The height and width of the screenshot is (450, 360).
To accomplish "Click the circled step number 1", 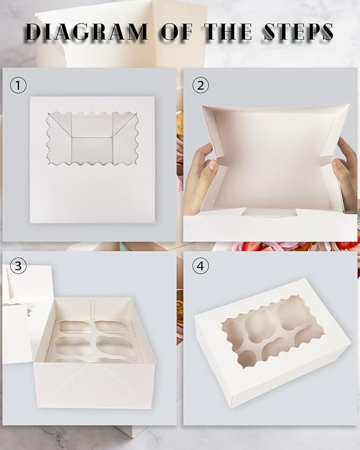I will [18, 85].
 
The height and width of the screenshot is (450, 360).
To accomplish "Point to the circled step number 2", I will [200, 85].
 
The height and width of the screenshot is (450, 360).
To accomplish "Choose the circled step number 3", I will [18, 266].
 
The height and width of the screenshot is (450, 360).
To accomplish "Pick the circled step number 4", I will [200, 266].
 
